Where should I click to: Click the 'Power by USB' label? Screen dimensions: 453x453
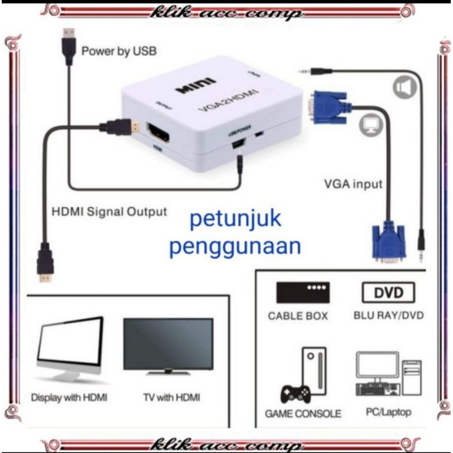119,52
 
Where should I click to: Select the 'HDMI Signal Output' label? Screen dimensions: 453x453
109,212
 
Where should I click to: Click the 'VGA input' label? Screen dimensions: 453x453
353,183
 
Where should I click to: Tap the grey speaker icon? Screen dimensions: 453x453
404,87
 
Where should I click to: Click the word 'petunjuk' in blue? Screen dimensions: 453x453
235,219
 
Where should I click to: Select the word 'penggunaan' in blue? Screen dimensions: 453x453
234,247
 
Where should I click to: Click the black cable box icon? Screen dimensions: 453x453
303,292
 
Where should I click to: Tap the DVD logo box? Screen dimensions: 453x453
388,292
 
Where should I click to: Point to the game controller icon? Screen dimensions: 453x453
295,392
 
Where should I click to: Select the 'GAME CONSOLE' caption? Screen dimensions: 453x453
303,413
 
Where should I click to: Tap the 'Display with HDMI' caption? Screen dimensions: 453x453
69,397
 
